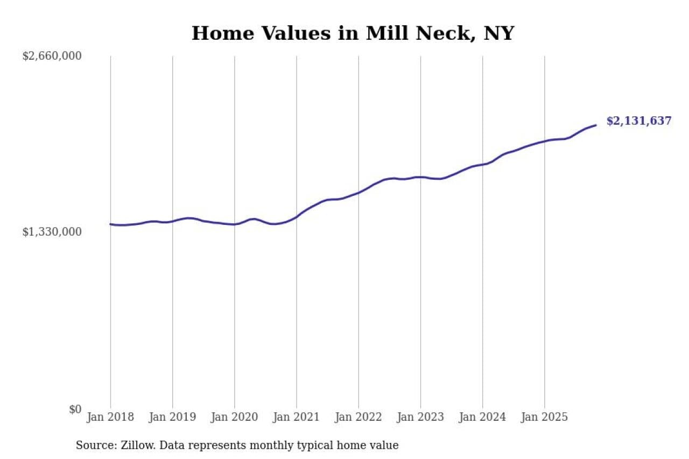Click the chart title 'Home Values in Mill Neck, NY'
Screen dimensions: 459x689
tap(353, 33)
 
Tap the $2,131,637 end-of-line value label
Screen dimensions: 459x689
tap(639, 121)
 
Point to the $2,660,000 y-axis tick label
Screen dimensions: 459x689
tap(52, 56)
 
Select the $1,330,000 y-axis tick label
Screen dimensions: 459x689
tap(52, 232)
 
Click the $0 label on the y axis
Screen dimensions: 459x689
tap(75, 409)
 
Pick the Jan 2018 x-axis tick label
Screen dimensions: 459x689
tap(110, 417)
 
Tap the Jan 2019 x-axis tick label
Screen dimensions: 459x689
tap(172, 417)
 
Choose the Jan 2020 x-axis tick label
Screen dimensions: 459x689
tap(234, 417)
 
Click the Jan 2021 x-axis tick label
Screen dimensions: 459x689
tap(296, 417)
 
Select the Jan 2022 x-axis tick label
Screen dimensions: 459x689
tap(358, 417)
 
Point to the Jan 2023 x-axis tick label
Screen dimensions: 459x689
tap(420, 417)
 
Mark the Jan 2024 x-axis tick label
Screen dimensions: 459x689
tap(482, 417)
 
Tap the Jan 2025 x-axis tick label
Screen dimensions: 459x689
tap(544, 417)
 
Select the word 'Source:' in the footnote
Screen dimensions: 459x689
tap(93, 446)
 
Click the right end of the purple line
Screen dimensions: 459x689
tap(596, 125)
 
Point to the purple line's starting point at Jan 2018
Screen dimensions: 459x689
tap(110, 224)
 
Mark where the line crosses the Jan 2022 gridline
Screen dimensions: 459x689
tap(358, 192)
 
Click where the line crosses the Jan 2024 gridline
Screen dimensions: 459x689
tap(482, 164)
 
